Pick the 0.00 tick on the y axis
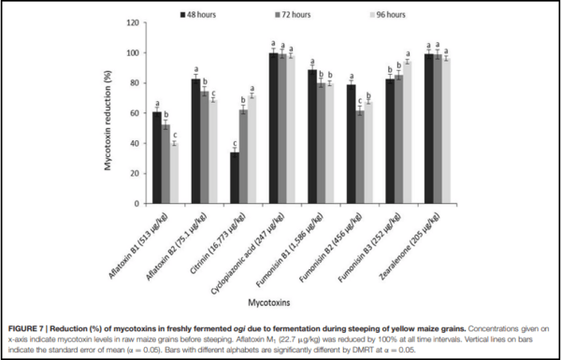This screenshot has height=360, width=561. click(x=132, y=204)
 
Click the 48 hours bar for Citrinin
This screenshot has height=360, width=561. click(x=235, y=178)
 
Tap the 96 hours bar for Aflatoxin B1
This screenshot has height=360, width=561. click(x=175, y=173)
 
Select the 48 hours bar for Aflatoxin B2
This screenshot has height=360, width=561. click(x=195, y=141)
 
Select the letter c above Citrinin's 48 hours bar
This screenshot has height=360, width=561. click(x=235, y=143)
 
